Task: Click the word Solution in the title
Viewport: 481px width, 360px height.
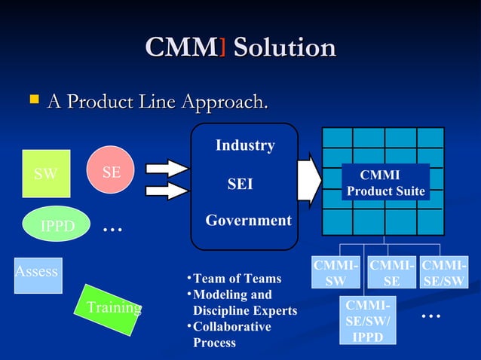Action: coord(284,48)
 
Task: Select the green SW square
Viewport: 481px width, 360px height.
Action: coord(46,174)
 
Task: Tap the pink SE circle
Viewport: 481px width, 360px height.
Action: coord(112,172)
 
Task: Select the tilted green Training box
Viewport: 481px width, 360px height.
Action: coord(109,307)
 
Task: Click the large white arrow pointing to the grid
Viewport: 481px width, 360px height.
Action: coord(309,180)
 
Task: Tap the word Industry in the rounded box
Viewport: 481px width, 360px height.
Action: coord(245,145)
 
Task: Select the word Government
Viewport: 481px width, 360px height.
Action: coord(249,221)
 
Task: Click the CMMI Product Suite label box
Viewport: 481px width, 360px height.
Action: coord(385,183)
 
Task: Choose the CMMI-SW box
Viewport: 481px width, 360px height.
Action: coord(336,273)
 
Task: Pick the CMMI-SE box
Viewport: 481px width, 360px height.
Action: coord(392,273)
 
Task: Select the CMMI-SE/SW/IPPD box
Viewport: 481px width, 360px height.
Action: coord(368,321)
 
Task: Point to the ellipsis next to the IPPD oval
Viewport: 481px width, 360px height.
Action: coord(112,227)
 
